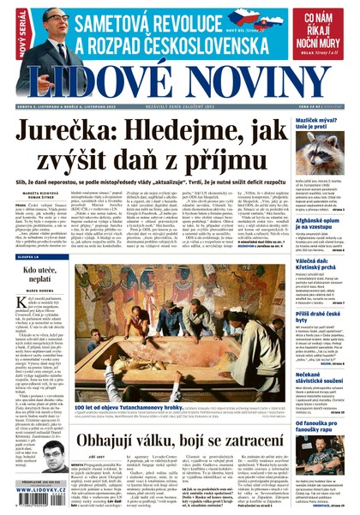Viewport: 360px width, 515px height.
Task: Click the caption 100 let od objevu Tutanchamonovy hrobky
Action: click(x=129, y=410)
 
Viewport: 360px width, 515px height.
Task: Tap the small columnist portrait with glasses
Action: click(x=54, y=458)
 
